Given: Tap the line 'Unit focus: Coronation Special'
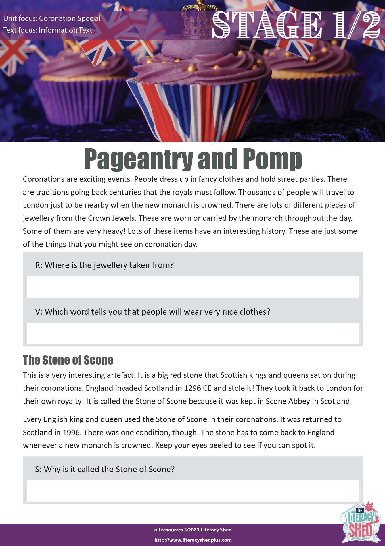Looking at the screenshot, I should click(x=52, y=18).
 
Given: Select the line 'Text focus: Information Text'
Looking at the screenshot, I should click(x=48, y=30).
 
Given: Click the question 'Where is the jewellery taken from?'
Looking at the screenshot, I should click(x=104, y=265).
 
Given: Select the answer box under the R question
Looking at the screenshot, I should click(x=193, y=287).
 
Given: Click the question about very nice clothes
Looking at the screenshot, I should click(x=153, y=312).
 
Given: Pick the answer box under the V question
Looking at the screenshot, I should click(x=193, y=333).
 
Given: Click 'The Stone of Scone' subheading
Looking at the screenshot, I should click(x=68, y=360).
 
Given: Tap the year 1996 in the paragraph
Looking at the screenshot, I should click(x=72, y=433).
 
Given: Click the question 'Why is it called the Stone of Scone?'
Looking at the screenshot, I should click(x=105, y=469).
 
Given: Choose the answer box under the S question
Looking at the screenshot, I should click(x=193, y=491).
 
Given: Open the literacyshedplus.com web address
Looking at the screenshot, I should click(x=193, y=540).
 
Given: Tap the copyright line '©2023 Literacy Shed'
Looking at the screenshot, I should click(x=193, y=530).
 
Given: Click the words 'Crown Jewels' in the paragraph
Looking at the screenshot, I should click(x=111, y=218).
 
